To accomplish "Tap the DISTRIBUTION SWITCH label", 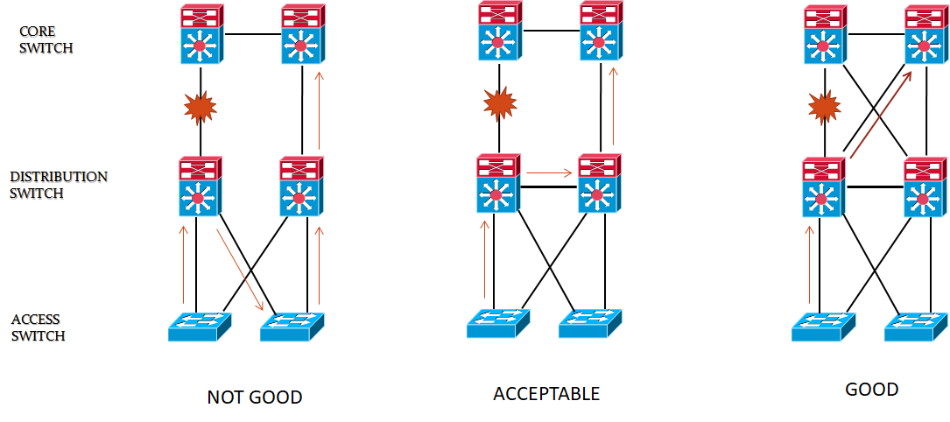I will tap(58, 185).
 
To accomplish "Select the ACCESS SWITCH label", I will tap(39, 327).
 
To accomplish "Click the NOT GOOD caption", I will tap(254, 397).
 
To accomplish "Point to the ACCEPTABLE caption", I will tap(546, 394).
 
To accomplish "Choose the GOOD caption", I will tap(871, 390).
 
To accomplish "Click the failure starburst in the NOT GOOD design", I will tap(200, 108).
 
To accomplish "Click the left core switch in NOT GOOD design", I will tap(201, 35).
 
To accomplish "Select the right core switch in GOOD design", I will tap(925, 35).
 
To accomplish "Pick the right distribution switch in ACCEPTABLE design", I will tap(601, 184).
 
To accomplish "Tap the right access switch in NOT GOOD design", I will tap(292, 327).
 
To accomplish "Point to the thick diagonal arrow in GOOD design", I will tap(879, 115).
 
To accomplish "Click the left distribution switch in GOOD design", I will tap(823, 188).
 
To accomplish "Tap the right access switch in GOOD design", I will tap(915, 327).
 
